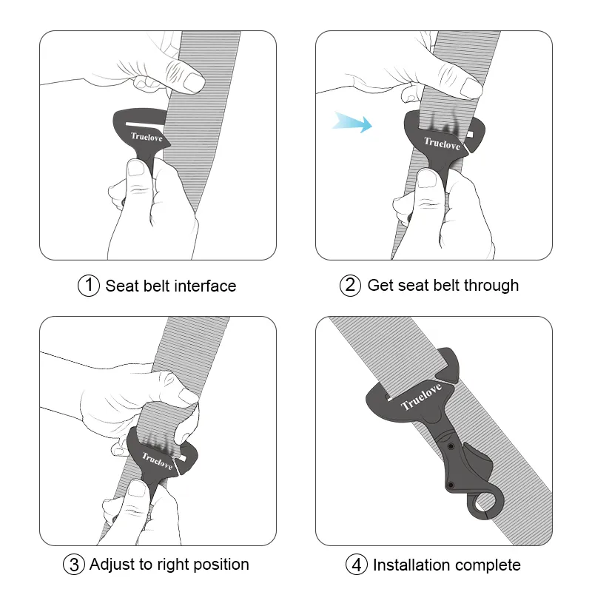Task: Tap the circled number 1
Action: [89, 286]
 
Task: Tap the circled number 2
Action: [351, 286]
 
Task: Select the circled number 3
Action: [74, 565]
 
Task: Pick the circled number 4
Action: [357, 565]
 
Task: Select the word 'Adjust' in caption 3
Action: [112, 565]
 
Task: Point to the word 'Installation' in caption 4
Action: [412, 565]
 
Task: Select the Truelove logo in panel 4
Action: [420, 396]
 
